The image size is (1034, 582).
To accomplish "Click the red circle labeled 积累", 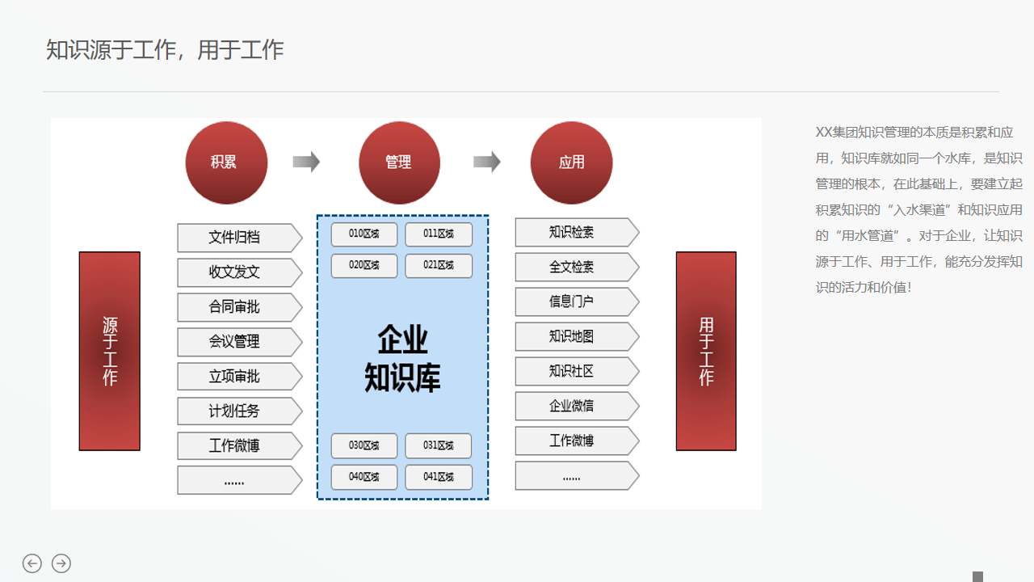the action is pyautogui.click(x=225, y=162).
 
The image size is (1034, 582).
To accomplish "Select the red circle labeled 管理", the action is pyautogui.click(x=399, y=162).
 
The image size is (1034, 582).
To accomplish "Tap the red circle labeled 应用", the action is pyautogui.click(x=571, y=162).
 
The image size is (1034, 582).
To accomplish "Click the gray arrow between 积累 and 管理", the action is pyautogui.click(x=306, y=162).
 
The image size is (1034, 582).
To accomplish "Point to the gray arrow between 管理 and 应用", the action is pyautogui.click(x=486, y=162).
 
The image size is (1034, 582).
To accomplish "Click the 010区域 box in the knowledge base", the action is pyautogui.click(x=364, y=234).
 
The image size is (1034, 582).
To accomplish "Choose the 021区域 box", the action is pyautogui.click(x=439, y=265).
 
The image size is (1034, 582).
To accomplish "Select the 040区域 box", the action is pyautogui.click(x=364, y=477).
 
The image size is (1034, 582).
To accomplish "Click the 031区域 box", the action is pyautogui.click(x=439, y=445).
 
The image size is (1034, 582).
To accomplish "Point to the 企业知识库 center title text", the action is pyautogui.click(x=402, y=358).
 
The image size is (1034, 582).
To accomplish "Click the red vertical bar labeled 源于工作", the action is pyautogui.click(x=110, y=351).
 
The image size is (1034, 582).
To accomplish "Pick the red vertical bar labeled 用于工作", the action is pyautogui.click(x=706, y=351).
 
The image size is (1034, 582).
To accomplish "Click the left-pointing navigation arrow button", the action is pyautogui.click(x=32, y=563).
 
